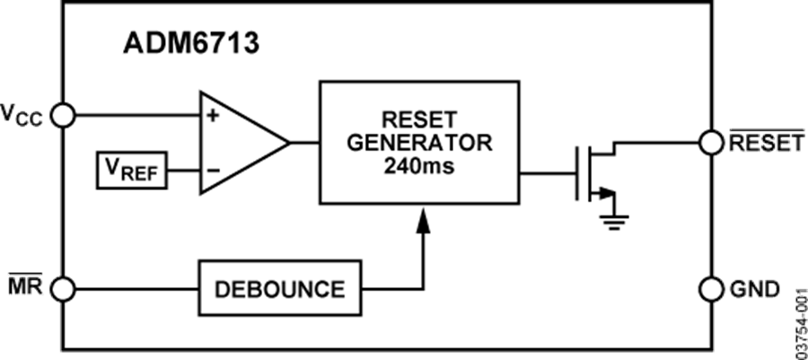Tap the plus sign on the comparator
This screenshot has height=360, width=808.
pyautogui.click(x=213, y=116)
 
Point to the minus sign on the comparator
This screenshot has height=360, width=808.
pyautogui.click(x=213, y=170)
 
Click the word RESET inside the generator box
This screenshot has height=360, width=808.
pyautogui.click(x=419, y=119)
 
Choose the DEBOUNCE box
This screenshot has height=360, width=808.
pyautogui.click(x=280, y=288)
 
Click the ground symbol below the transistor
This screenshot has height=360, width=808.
pyautogui.click(x=613, y=221)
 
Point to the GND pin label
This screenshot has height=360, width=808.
pyautogui.click(x=755, y=288)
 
